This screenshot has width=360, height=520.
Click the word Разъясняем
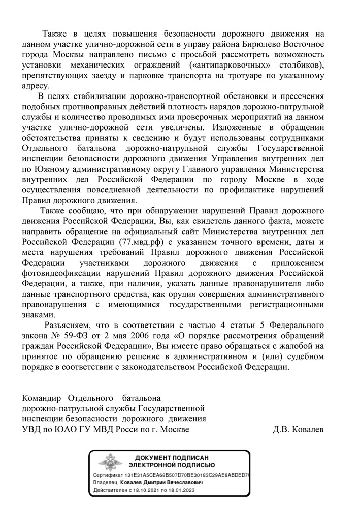click(x=69, y=324)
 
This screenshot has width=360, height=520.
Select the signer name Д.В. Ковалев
click(x=298, y=429)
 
